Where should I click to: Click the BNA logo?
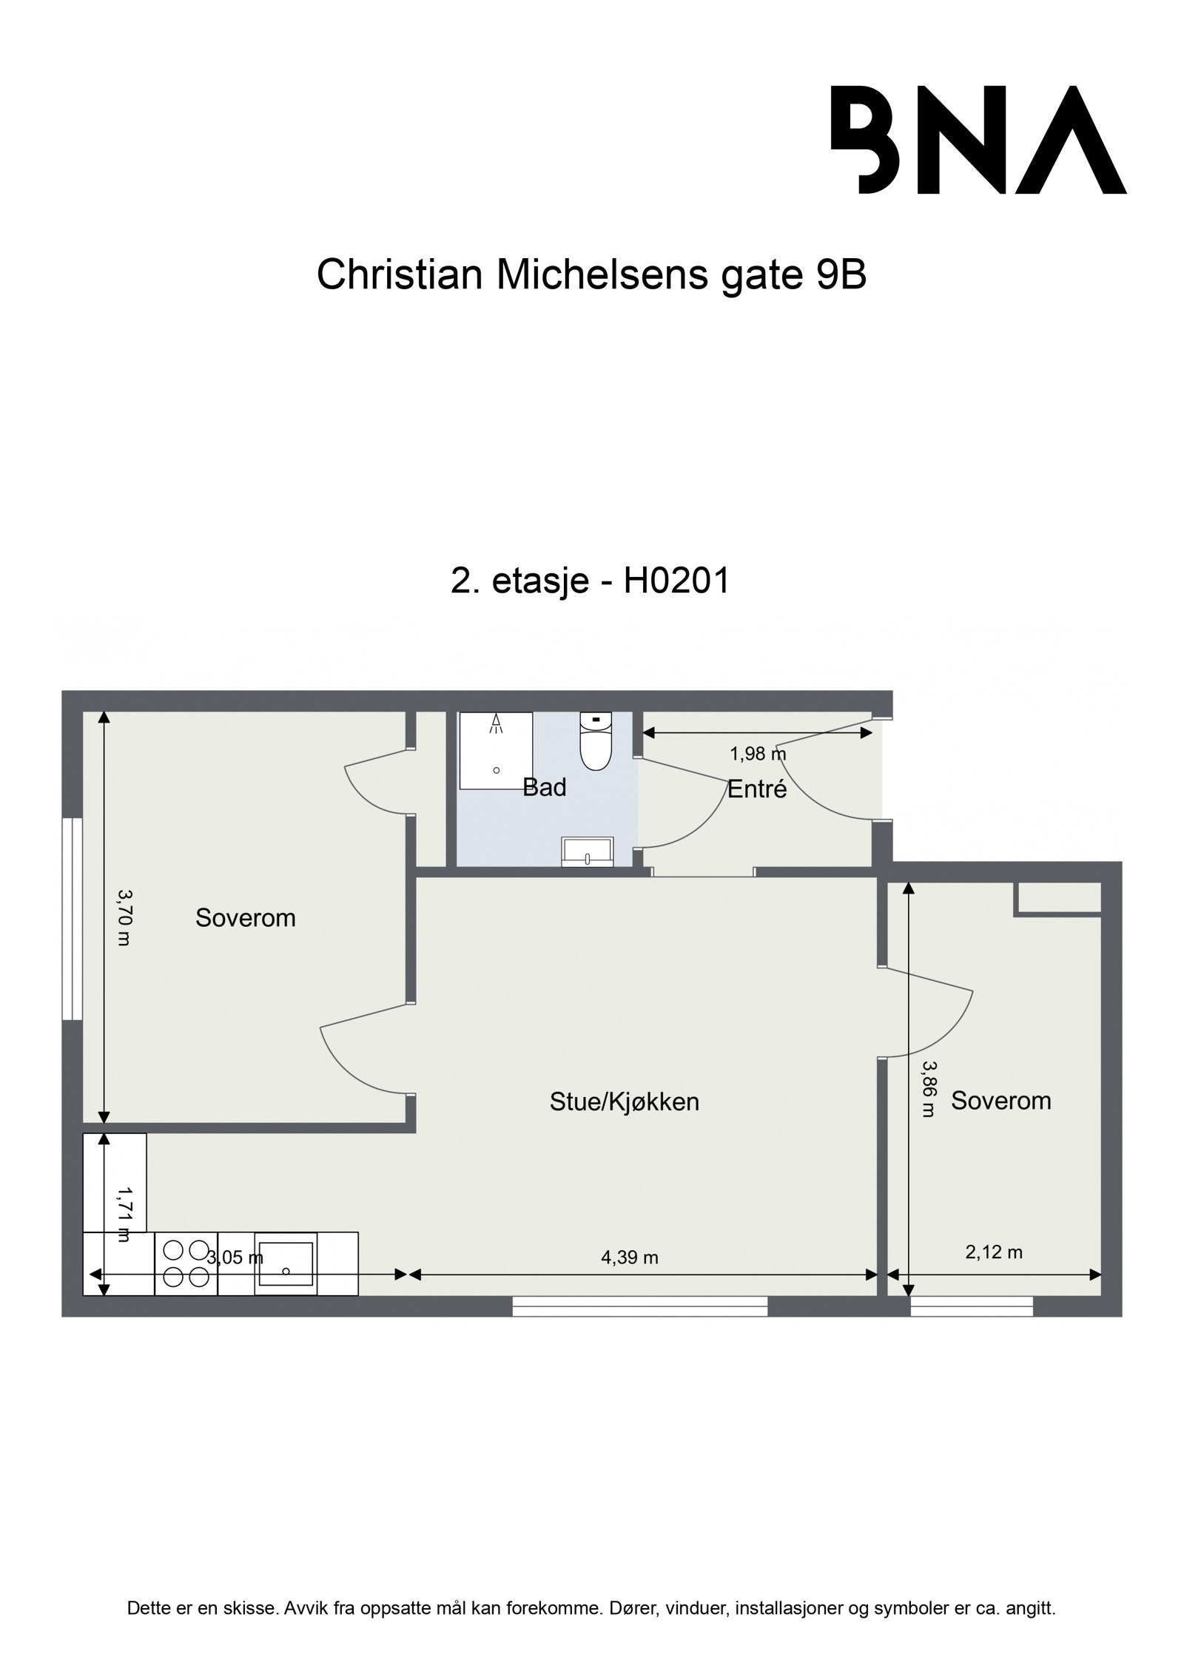pyautogui.click(x=978, y=140)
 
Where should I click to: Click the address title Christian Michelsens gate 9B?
pyautogui.click(x=591, y=275)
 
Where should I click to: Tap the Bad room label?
pyautogui.click(x=544, y=787)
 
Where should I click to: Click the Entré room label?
pyautogui.click(x=756, y=789)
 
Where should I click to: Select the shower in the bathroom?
pyautogui.click(x=496, y=749)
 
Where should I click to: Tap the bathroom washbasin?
pyautogui.click(x=587, y=851)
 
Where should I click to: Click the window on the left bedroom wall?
pyautogui.click(x=72, y=919)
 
